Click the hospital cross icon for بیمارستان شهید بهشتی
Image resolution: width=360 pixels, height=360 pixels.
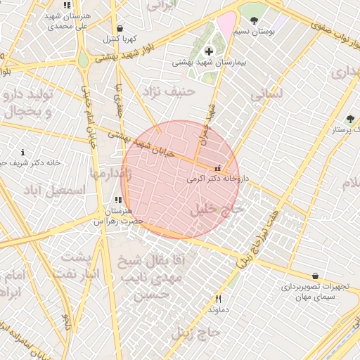pos(209,51)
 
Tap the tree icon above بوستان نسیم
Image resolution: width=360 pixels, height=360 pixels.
pos(254,20)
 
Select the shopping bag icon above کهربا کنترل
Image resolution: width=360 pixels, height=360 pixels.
pos(120,28)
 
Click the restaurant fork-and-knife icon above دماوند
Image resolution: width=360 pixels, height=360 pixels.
pos(218,299)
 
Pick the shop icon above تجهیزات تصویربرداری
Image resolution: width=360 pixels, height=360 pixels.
pos(314,276)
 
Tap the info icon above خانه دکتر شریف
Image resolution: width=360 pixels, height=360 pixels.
pos(23,152)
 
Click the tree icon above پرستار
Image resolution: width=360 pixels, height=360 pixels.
pos(350,119)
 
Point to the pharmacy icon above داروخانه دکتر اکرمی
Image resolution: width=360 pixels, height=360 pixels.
pos(217,168)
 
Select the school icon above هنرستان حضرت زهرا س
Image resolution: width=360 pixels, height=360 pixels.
pos(117,200)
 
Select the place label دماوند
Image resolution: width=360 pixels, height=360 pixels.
pos(219,309)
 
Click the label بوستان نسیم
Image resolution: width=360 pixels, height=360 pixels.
pos(255,32)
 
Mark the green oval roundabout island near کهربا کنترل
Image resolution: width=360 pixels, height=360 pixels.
pos(84,60)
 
